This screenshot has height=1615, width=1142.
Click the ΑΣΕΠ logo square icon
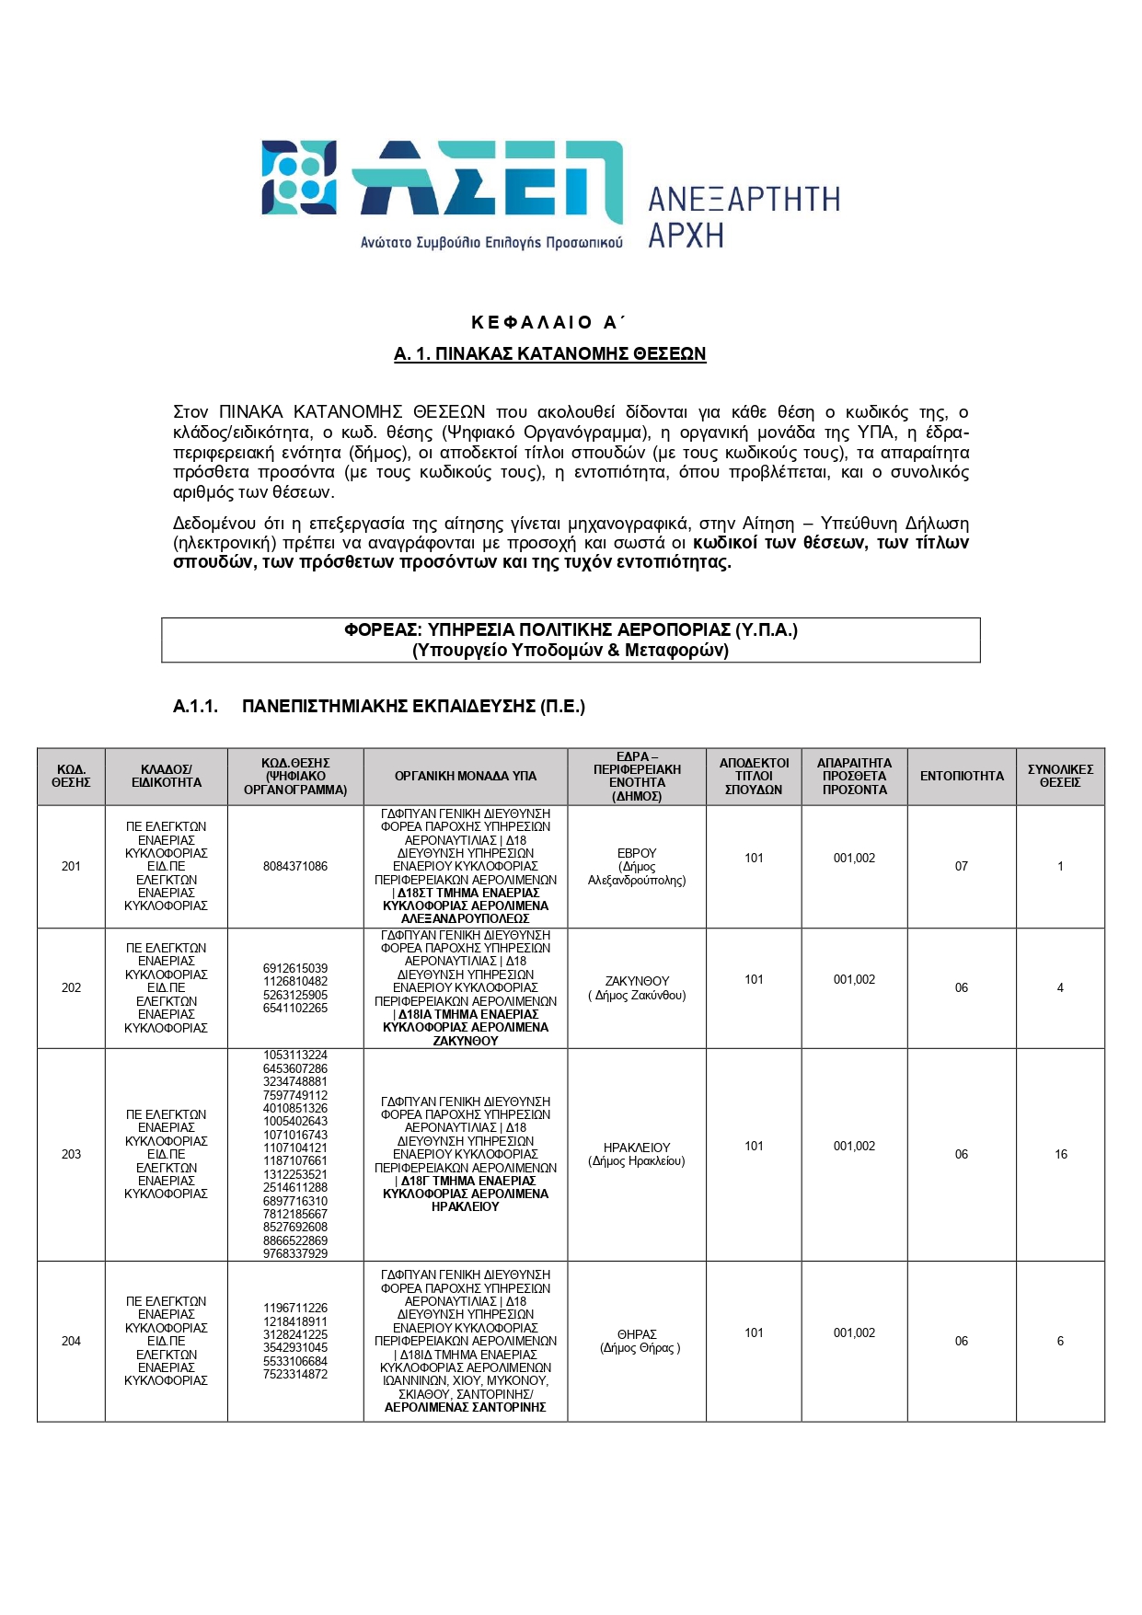pyautogui.click(x=298, y=178)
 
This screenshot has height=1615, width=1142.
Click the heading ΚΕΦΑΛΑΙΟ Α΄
pyautogui.click(x=548, y=322)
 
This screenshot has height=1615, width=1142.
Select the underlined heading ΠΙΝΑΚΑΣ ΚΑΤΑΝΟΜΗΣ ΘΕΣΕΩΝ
pyautogui.click(x=549, y=354)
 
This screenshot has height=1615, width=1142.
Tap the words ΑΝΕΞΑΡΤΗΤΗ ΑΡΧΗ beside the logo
pyautogui.click(x=744, y=217)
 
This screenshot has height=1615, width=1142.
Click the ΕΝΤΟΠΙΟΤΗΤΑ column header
pyautogui.click(x=962, y=777)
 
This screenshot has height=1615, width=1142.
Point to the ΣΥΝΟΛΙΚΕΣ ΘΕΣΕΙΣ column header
pyautogui.click(x=1060, y=777)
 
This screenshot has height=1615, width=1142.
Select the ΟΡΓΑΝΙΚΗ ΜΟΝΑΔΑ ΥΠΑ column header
pyautogui.click(x=466, y=777)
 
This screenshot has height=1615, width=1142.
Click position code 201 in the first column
pyautogui.click(x=71, y=867)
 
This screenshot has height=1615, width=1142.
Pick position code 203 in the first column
pyautogui.click(x=71, y=1155)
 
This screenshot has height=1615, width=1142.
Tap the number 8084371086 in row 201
pyautogui.click(x=295, y=867)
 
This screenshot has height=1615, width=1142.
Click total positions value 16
pyautogui.click(x=1061, y=1155)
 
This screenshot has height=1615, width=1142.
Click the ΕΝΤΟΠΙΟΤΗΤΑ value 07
pyautogui.click(x=962, y=867)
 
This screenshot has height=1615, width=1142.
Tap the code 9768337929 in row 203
pyautogui.click(x=295, y=1254)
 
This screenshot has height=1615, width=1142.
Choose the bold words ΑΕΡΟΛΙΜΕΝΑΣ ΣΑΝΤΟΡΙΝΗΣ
pyautogui.click(x=466, y=1408)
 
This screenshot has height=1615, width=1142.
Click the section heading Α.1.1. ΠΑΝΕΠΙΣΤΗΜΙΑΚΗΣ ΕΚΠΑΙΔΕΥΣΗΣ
pyautogui.click(x=379, y=707)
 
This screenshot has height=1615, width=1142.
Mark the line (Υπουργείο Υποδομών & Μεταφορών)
pyautogui.click(x=571, y=651)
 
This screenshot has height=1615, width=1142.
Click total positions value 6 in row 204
pyautogui.click(x=1060, y=1342)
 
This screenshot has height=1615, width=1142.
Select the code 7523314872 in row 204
pyautogui.click(x=295, y=1375)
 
